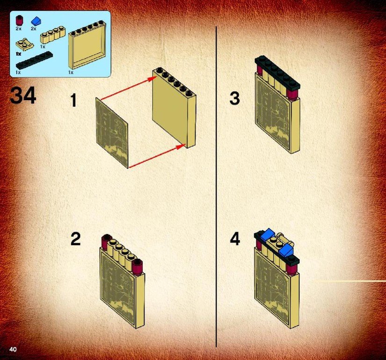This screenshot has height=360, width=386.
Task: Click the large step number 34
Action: tap(23, 96)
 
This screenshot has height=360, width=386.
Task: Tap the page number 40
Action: tap(13, 349)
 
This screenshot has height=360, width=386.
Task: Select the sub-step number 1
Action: tap(73, 100)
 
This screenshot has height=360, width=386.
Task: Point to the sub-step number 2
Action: tap(76, 239)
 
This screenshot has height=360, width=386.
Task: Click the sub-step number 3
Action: tap(234, 98)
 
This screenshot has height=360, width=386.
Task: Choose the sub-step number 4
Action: tap(235, 239)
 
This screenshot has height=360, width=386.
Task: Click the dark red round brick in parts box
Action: tap(19, 21)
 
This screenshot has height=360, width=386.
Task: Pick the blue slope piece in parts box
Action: tap(36, 21)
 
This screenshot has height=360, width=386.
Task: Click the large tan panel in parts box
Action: tap(87, 45)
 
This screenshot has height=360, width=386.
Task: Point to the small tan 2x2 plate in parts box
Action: tap(25, 44)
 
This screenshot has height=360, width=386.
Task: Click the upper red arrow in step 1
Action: tap(129, 88)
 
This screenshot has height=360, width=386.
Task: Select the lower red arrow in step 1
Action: tap(157, 156)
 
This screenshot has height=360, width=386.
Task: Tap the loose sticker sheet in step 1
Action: tap(112, 133)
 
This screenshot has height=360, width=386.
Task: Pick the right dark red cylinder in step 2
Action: tap(138, 267)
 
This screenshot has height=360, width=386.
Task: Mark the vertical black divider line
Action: tap(216, 187)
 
